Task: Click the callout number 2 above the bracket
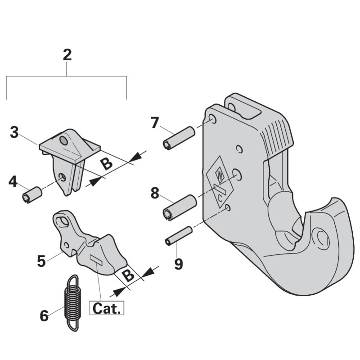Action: (67, 55)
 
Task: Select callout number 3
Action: (14, 132)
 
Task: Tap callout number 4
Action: (13, 182)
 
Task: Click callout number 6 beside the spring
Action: (44, 316)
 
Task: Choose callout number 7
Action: (154, 122)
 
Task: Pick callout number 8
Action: (155, 193)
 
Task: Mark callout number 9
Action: (179, 264)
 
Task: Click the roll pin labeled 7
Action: (178, 138)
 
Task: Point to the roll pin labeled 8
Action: (179, 207)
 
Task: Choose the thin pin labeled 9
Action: (179, 236)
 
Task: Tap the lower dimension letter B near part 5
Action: (129, 275)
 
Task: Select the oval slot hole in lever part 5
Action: (66, 221)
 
